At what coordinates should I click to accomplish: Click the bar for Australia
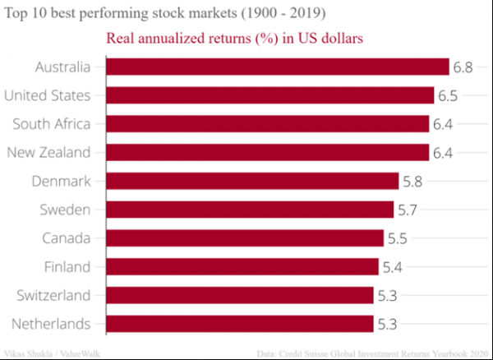pyautogui.click(x=278, y=67)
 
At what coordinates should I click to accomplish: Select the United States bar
pyautogui.click(x=270, y=96)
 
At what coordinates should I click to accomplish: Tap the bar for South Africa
pyautogui.click(x=268, y=124)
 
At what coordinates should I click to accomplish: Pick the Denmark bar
pyautogui.click(x=253, y=181)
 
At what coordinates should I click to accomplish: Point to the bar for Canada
pyautogui.click(x=246, y=238)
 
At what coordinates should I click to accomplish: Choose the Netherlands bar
pyautogui.click(x=241, y=323)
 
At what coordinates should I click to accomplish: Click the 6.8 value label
pyautogui.click(x=463, y=67)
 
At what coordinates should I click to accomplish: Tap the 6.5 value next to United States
pyautogui.click(x=448, y=96)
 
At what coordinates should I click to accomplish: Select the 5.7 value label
pyautogui.click(x=408, y=210)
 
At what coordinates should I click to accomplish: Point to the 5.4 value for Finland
pyautogui.click(x=393, y=266)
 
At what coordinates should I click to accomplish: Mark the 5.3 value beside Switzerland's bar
pyautogui.click(x=387, y=295)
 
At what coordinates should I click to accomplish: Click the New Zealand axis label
pyautogui.click(x=48, y=153)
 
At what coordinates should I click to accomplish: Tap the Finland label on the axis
pyautogui.click(x=66, y=266)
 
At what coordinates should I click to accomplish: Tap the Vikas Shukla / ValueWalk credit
pyautogui.click(x=52, y=353)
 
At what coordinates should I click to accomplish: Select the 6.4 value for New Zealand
pyautogui.click(x=443, y=153)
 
